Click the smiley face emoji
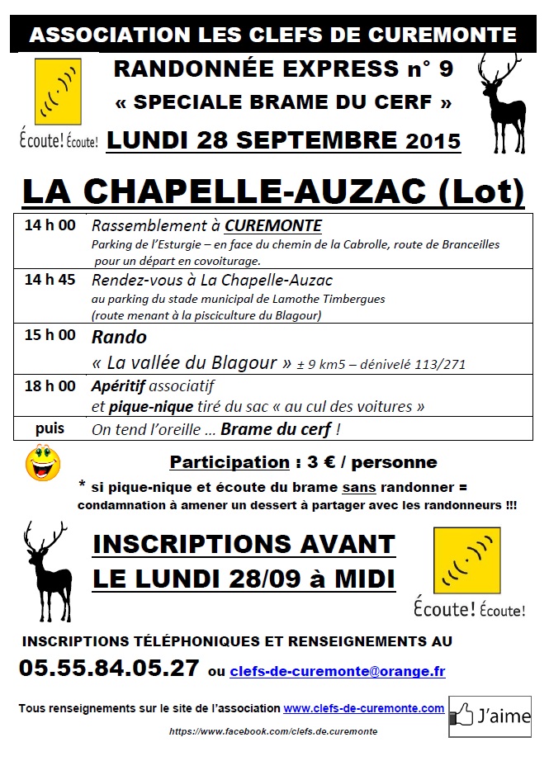pos(42,463)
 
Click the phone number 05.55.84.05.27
pos(108,668)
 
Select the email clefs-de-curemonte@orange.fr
pos(338,671)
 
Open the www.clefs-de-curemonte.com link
pos(364,708)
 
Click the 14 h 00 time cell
pos(50,225)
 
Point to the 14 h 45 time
pos(50,279)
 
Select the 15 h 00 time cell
pos(50,335)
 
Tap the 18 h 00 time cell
pos(50,385)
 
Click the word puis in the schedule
pos(50,429)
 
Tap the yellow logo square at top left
pos(58,92)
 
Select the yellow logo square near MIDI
pos(466,560)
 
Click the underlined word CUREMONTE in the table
pos(273,226)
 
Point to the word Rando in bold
pos(120,337)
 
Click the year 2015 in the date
pos(433,141)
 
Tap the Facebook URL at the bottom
pos(273,731)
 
